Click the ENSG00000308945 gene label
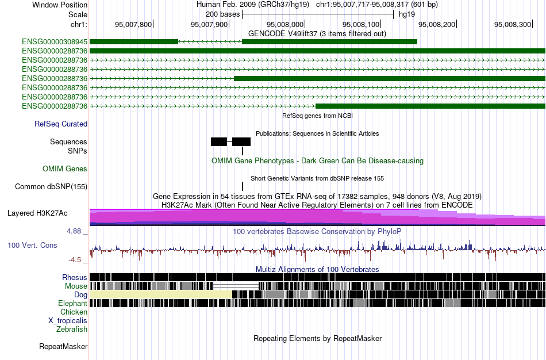click(55, 42)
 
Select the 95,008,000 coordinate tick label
click(285, 24)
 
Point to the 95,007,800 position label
click(133, 24)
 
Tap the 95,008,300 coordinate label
click(513, 24)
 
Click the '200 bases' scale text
click(222, 14)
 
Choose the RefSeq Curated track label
click(61, 124)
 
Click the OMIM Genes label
click(65, 169)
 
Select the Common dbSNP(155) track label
click(51, 187)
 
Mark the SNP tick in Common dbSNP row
click(243, 186)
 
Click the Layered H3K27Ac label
click(37, 213)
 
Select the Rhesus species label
click(75, 277)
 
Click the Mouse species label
click(76, 286)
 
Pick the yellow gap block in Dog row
click(161, 294)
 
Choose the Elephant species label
click(72, 304)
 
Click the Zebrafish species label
click(72, 330)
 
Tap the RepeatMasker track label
click(63, 346)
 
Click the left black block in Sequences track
click(218, 142)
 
